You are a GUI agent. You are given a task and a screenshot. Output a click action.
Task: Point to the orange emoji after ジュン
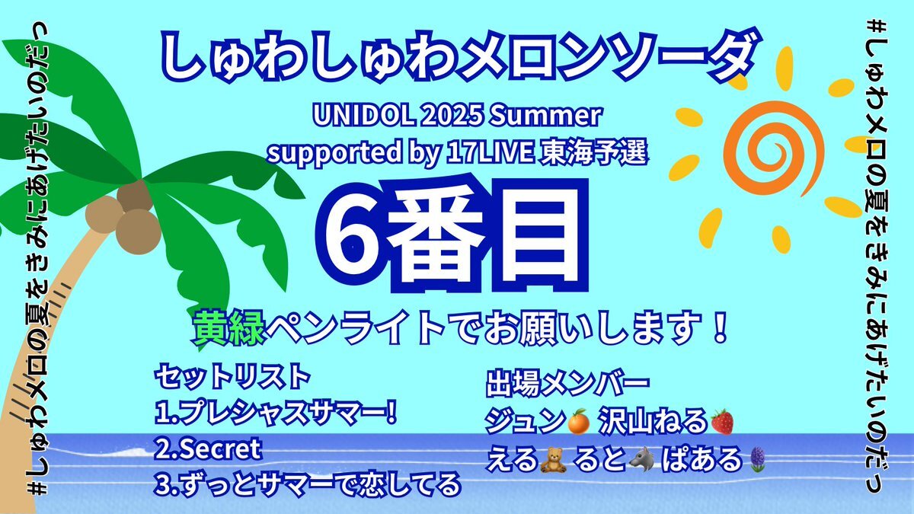click(x=578, y=421)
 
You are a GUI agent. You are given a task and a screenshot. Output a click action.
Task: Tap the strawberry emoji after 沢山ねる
click(x=722, y=421)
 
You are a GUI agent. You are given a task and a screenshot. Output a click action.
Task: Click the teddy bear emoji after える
click(x=553, y=460)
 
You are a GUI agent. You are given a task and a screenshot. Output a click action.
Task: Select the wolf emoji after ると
click(x=642, y=459)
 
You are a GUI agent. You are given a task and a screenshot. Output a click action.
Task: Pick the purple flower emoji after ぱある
click(x=758, y=460)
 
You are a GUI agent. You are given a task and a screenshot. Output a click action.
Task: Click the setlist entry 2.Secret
click(x=208, y=449)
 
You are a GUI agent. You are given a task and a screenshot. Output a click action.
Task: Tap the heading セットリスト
click(x=232, y=377)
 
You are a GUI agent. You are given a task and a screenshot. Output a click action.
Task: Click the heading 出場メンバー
click(x=567, y=382)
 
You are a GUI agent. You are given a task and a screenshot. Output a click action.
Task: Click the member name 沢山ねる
click(x=653, y=422)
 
